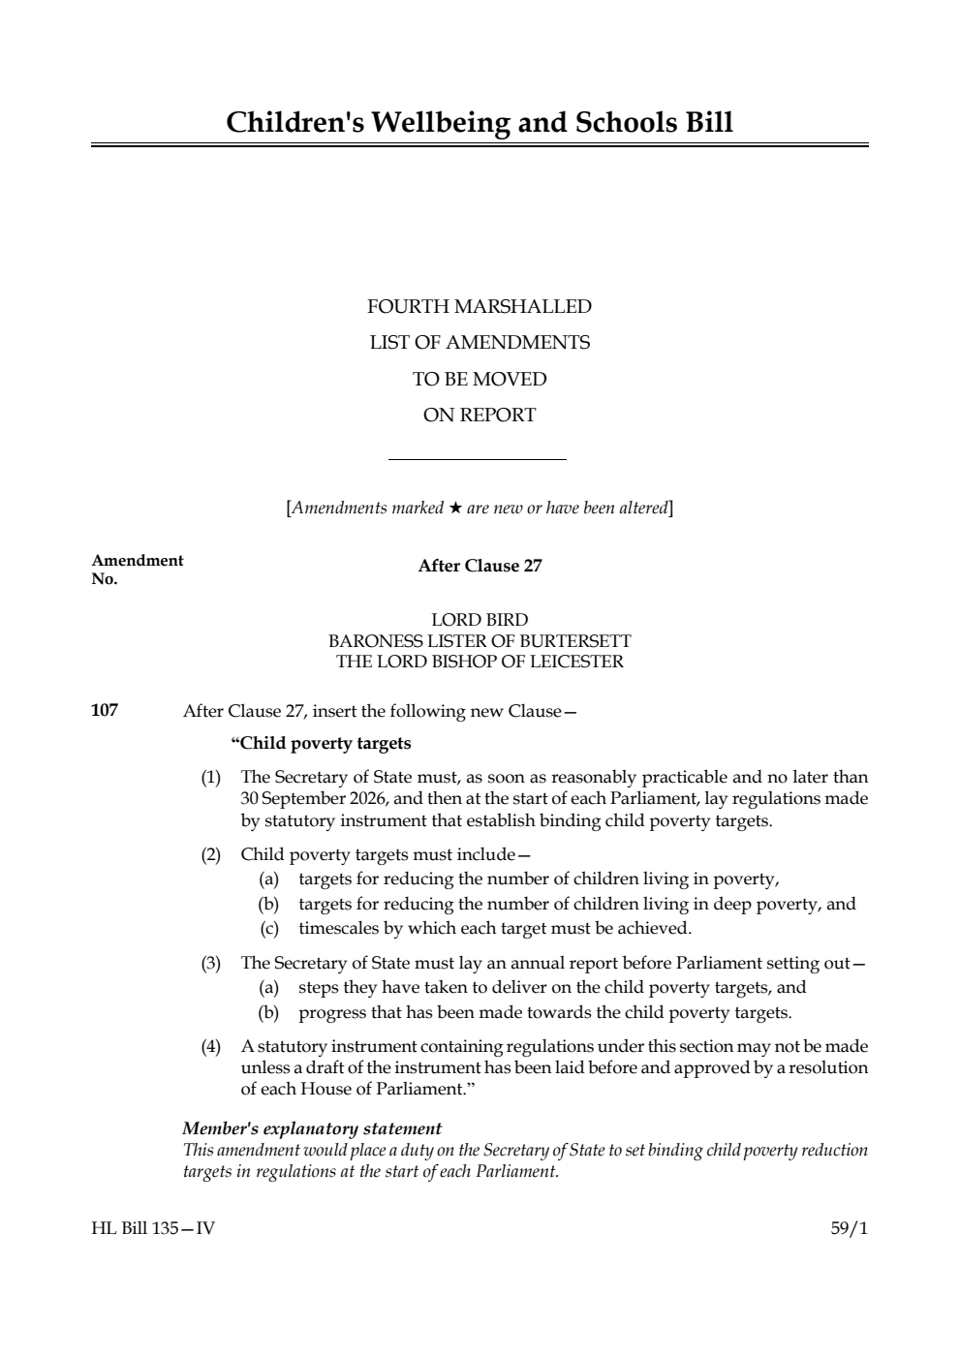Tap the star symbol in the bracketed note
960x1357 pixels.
click(454, 509)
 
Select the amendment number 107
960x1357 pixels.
click(105, 711)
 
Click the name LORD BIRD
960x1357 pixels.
click(480, 620)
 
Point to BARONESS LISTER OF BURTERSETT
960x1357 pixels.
click(480, 641)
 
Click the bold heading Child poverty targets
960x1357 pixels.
click(321, 744)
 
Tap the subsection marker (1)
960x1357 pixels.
click(210, 778)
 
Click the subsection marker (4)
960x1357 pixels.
click(210, 1047)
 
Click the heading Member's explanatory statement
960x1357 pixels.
click(312, 1128)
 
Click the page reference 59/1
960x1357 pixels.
click(850, 1229)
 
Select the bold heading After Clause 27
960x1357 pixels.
click(480, 567)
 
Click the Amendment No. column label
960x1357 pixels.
click(137, 570)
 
